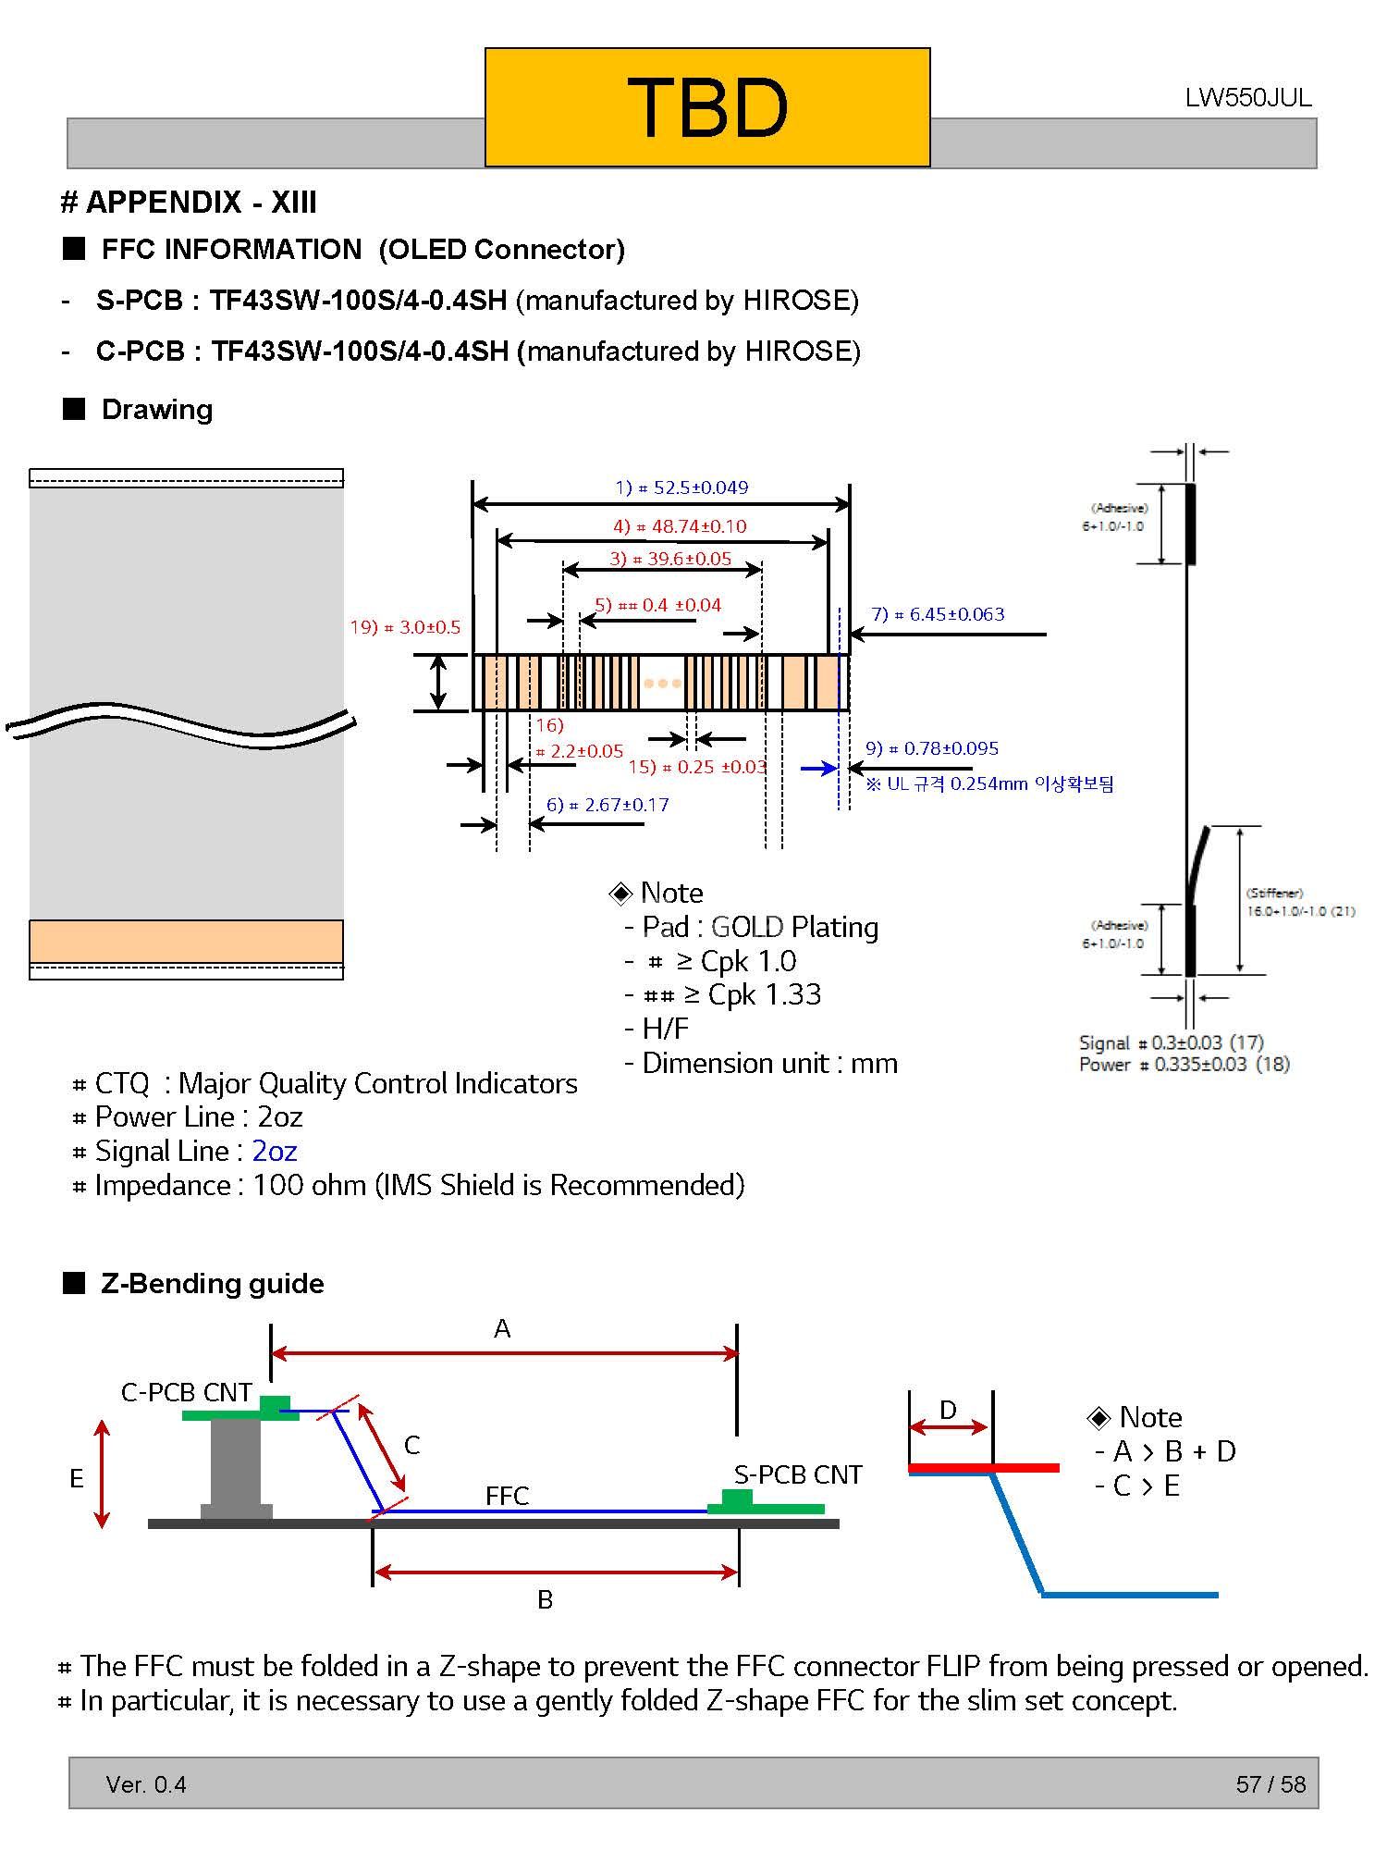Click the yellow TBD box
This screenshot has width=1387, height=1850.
click(707, 107)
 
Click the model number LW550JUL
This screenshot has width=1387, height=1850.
click(1247, 98)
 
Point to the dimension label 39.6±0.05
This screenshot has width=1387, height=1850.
click(670, 559)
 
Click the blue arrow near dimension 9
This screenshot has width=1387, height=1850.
click(819, 769)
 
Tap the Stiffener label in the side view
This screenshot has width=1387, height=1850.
click(1274, 894)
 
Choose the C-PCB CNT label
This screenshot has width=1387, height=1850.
click(186, 1392)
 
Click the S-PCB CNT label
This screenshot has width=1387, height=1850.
click(798, 1474)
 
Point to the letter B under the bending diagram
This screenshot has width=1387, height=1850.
click(546, 1599)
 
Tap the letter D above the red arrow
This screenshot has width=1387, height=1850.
click(948, 1410)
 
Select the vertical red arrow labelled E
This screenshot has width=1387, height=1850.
click(102, 1474)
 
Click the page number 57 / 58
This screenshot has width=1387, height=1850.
click(1270, 1784)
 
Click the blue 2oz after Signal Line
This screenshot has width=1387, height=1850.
click(275, 1151)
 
